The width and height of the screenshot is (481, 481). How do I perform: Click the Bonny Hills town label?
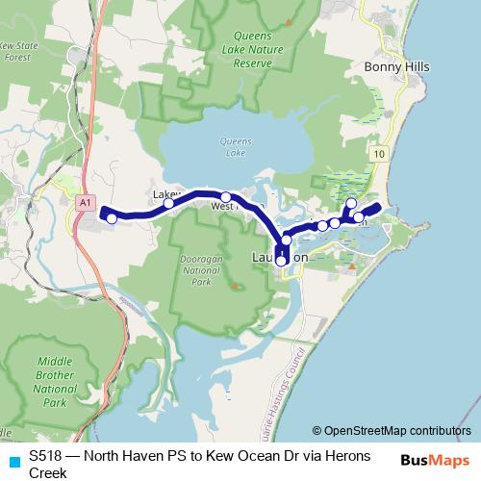[397, 66]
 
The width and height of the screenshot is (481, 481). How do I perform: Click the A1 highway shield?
[86, 202]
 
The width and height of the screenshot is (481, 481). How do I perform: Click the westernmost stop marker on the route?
[112, 218]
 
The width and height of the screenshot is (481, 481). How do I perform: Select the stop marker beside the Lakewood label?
[169, 203]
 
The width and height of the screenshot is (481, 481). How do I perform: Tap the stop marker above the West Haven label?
[226, 196]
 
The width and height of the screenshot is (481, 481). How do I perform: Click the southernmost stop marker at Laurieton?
[281, 261]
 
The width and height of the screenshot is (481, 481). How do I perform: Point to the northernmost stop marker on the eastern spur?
[352, 203]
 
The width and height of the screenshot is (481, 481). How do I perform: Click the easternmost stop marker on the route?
[359, 217]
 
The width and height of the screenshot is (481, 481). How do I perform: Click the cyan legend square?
[13, 460]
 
